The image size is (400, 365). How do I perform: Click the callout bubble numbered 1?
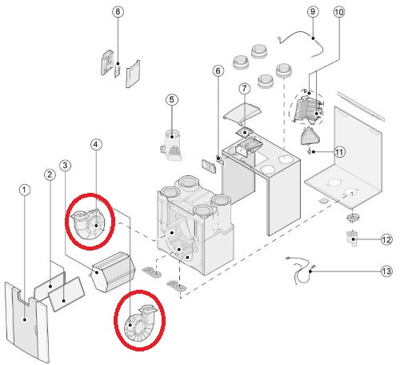[25, 190]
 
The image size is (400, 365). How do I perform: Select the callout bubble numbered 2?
[50, 174]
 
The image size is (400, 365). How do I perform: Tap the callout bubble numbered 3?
[66, 166]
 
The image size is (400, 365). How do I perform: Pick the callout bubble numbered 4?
[96, 144]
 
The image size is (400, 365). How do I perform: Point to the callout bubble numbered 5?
[172, 99]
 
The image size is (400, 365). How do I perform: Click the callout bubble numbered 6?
[218, 70]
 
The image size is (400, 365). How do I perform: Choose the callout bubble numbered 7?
[245, 88]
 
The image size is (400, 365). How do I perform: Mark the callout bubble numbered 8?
[118, 12]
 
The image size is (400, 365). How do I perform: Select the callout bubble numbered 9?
[313, 12]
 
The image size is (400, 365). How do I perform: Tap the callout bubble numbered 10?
[339, 12]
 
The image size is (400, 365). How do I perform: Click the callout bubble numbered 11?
[339, 152]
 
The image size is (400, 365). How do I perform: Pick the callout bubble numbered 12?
[386, 239]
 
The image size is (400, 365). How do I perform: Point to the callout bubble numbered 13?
[386, 271]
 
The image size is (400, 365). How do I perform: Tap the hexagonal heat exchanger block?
[112, 271]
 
